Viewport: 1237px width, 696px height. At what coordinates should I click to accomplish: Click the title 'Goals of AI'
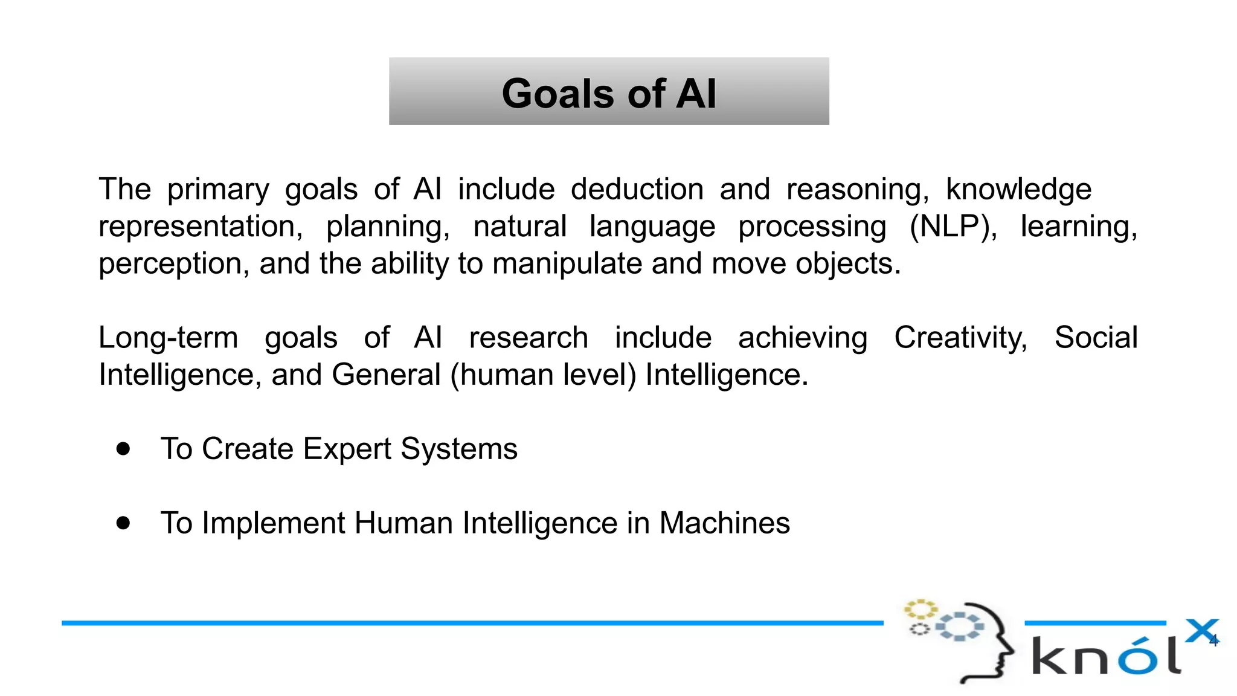609,94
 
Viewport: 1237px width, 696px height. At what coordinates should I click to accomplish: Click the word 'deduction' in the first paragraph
637,189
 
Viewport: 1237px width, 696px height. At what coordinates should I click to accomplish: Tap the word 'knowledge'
1018,189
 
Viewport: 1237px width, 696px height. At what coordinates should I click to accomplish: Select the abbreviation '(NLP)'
953,227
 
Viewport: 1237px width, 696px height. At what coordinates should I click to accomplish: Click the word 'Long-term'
168,337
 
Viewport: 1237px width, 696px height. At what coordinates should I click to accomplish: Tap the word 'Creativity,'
960,337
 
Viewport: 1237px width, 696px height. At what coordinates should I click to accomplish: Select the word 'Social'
1096,337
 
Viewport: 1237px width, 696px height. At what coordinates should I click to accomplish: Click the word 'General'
386,375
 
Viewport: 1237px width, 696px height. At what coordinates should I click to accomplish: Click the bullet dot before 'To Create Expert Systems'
123,449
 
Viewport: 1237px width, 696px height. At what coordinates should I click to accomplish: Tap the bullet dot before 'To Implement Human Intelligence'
123,523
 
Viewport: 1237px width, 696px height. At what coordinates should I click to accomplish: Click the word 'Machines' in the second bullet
724,523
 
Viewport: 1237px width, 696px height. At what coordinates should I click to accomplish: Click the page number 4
1213,641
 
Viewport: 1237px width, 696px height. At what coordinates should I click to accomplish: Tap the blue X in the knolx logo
1201,631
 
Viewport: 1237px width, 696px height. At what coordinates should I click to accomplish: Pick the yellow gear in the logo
919,608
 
